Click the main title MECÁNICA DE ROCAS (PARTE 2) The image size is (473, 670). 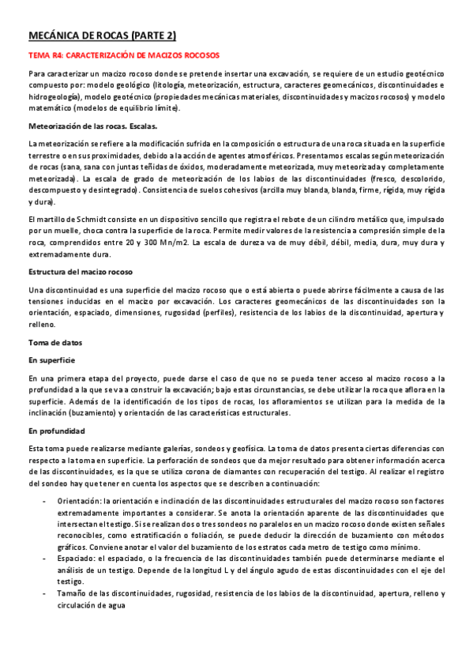point(102,36)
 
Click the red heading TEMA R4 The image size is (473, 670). point(123,56)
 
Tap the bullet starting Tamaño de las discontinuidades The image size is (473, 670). point(119,593)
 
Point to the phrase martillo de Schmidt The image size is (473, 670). point(71,217)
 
